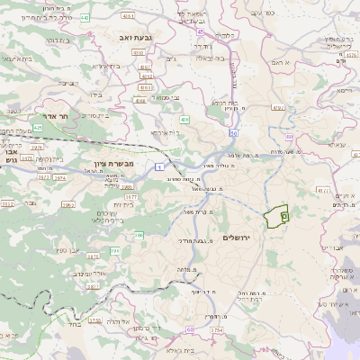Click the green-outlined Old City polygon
click(276, 217)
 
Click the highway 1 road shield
click(158, 167)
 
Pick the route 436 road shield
click(184, 119)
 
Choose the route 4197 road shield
click(322, 191)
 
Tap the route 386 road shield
click(139, 236)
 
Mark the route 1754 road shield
click(216, 331)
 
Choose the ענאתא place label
click(311, 145)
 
